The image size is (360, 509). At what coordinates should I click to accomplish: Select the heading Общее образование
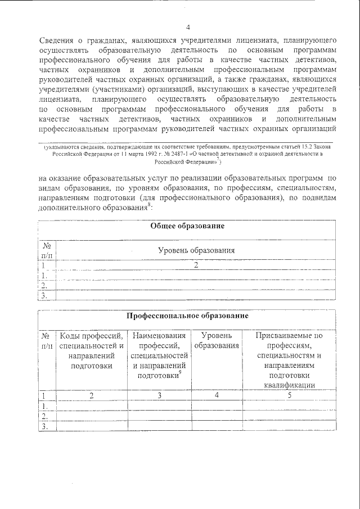(x=187, y=226)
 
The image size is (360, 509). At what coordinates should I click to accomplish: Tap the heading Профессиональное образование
(x=187, y=317)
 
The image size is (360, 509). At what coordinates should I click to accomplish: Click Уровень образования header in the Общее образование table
(x=196, y=250)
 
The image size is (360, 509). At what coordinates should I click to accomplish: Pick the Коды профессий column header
(x=91, y=350)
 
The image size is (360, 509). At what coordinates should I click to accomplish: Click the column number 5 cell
(x=289, y=395)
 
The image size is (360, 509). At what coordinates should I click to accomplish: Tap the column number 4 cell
(x=216, y=395)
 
